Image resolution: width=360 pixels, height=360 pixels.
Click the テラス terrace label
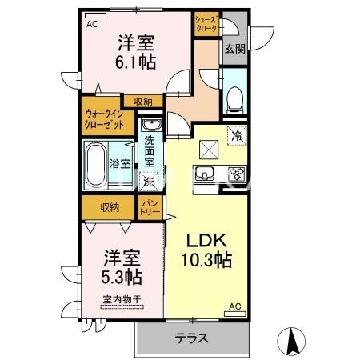(x=192, y=338)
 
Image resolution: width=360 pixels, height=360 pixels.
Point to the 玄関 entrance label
(x=234, y=50)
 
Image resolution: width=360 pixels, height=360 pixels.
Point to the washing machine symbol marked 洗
(x=148, y=180)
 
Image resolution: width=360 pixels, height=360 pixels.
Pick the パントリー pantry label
(x=151, y=208)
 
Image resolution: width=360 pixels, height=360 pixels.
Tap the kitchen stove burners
(x=238, y=174)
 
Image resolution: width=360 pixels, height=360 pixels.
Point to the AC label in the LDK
(x=234, y=306)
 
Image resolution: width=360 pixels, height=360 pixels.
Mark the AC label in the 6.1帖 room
(x=92, y=23)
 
